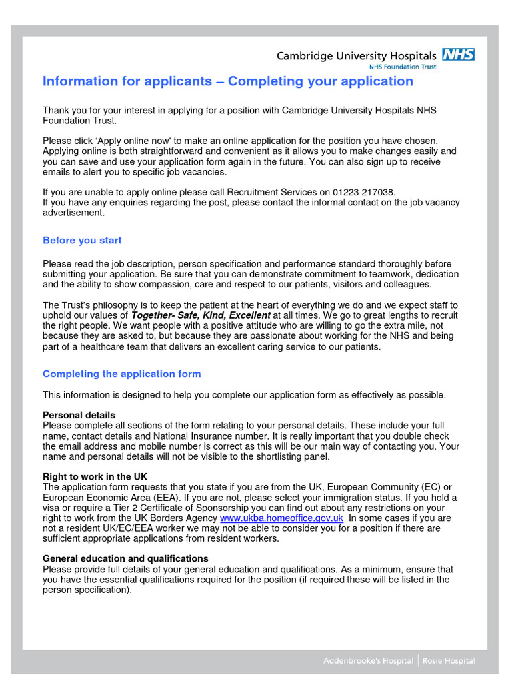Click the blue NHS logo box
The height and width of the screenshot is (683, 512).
click(458, 55)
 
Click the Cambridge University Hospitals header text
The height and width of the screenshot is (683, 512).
click(357, 56)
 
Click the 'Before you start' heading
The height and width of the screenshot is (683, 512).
click(82, 240)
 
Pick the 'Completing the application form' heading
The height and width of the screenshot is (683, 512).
click(121, 374)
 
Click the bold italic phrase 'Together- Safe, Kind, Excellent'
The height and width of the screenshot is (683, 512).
click(201, 315)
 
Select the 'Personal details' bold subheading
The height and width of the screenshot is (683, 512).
click(79, 415)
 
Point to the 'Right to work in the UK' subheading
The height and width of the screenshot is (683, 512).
click(95, 477)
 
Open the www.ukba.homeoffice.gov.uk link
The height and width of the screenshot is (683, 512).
click(281, 518)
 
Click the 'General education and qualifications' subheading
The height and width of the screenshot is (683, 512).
click(125, 558)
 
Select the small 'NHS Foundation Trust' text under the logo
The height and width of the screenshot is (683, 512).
click(403, 67)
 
